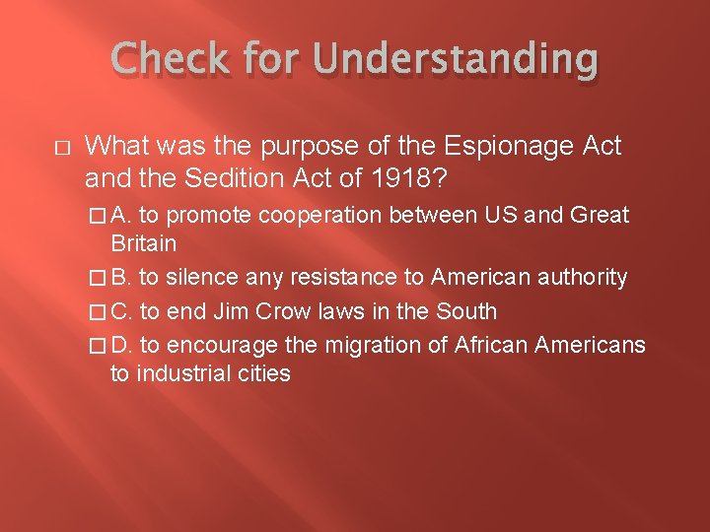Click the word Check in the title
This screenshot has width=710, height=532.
(x=164, y=62)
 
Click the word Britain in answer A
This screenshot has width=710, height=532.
(x=144, y=243)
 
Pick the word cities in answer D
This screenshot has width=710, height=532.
(x=260, y=373)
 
